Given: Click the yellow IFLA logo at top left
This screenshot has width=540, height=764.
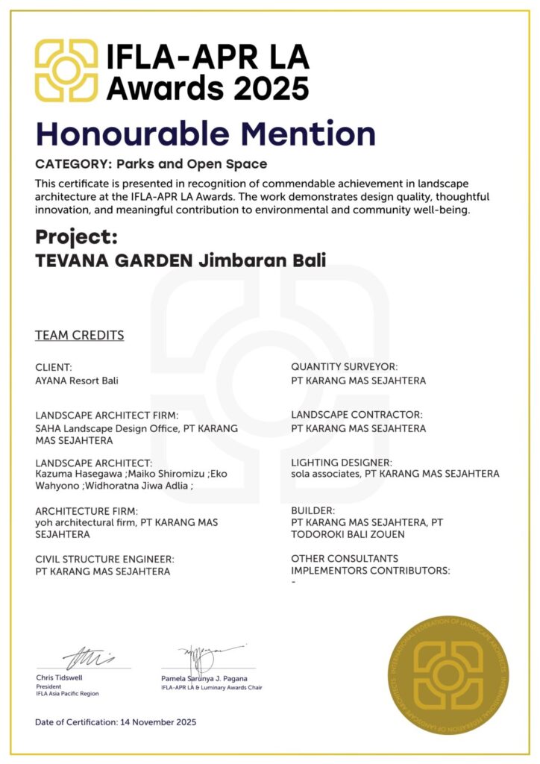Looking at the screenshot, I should (x=66, y=71).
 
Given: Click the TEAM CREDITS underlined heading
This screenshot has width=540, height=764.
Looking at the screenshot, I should (x=80, y=335).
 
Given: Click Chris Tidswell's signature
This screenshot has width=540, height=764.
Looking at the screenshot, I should (x=88, y=659).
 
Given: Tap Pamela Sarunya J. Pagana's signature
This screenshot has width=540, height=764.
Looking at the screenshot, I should (x=204, y=657).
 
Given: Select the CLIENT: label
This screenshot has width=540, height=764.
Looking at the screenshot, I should (x=54, y=367).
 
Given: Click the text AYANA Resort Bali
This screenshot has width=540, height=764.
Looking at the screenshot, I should (x=77, y=381).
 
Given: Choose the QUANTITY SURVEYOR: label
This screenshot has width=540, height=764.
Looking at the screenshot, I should (x=345, y=367).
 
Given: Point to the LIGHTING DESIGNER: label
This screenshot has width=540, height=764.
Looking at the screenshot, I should (x=342, y=462).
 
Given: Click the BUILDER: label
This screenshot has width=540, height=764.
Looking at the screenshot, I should (x=313, y=510).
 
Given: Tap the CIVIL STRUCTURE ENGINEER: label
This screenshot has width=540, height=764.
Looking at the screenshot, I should (x=105, y=559).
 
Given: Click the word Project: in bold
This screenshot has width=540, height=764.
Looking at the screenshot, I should (x=77, y=237).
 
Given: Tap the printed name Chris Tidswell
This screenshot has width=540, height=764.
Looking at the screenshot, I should (x=60, y=677).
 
